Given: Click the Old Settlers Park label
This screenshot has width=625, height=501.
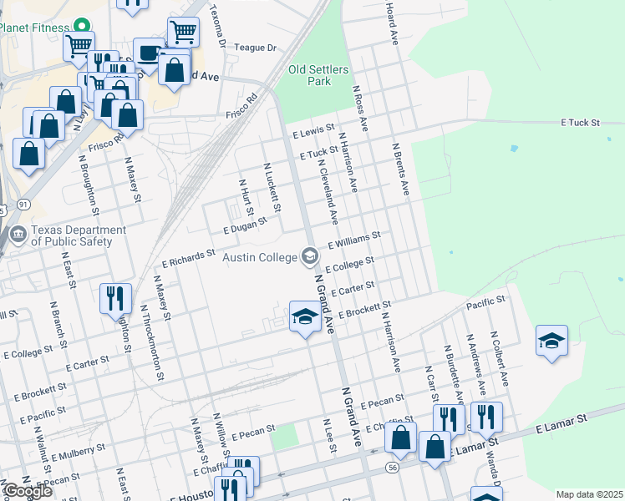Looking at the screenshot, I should point(309,75).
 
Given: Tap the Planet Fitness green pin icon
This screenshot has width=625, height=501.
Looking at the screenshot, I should point(81,27).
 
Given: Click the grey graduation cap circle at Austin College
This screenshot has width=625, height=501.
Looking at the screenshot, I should point(310,256).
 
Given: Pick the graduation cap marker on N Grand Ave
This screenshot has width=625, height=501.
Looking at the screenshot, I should point(305,316).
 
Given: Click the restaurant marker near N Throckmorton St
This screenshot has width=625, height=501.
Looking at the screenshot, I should point(115,298).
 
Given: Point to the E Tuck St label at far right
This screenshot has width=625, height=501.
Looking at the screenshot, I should point(581,123).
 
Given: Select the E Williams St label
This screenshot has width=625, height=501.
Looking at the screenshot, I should point(354,240).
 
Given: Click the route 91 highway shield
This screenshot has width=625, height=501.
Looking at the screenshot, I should point(23,204).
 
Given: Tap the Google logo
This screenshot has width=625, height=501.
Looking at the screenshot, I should point(28,491).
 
